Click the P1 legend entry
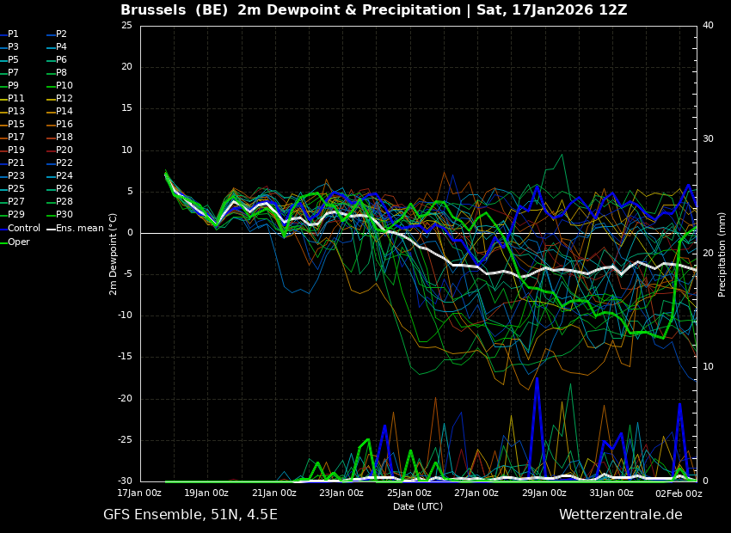9,34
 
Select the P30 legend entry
59,214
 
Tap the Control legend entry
20,229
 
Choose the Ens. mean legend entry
76,229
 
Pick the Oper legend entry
15,242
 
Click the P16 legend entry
59,124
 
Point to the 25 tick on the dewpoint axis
126,25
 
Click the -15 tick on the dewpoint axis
125,357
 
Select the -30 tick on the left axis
125,481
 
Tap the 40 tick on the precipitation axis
708,25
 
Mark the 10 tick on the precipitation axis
708,367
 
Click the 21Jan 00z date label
273,493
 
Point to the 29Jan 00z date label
544,493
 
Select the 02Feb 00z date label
679,493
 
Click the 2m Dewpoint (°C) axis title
113,254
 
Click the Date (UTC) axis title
418,506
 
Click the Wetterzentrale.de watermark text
621,515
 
